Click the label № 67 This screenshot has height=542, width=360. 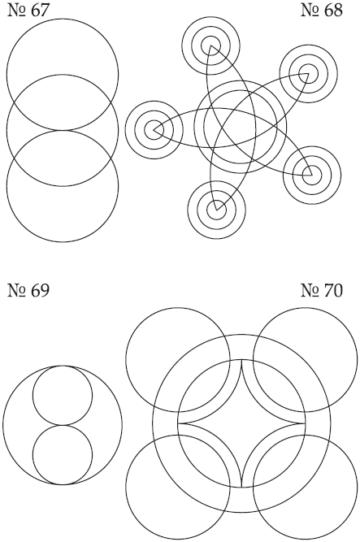point(28,11)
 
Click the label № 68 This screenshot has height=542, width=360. point(322,11)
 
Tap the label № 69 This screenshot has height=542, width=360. point(28,290)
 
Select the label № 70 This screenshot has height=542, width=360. point(322,290)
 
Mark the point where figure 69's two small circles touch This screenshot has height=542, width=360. point(63,425)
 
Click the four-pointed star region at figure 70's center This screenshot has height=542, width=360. point(241,423)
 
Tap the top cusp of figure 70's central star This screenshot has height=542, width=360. point(241,360)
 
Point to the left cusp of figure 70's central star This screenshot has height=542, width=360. point(178,423)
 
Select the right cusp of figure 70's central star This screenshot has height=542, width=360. point(305,423)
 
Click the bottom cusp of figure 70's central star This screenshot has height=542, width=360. point(241,487)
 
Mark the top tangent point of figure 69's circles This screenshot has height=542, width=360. point(63,366)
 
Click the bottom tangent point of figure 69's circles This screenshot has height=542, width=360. point(63,484)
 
